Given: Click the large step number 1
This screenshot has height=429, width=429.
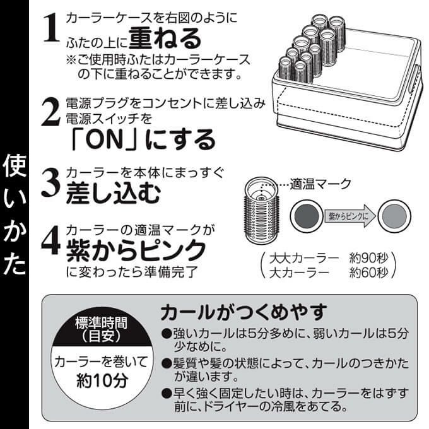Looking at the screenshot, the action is [x=52, y=28].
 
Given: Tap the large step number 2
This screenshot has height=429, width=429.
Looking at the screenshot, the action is [x=51, y=112].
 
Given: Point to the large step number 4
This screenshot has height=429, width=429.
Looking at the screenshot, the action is [x=51, y=240].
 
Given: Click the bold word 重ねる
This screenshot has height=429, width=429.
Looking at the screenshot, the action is [x=165, y=38].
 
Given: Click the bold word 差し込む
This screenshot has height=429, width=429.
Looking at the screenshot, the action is [x=113, y=193].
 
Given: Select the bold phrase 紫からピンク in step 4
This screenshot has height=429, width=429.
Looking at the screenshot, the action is [x=136, y=250].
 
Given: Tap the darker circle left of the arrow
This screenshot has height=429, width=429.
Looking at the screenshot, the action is [x=307, y=216].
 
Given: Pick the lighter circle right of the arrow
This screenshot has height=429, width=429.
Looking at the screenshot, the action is [x=394, y=216].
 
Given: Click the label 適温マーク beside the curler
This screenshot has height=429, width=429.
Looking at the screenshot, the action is [x=320, y=184].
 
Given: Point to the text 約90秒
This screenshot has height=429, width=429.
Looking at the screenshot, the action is [x=368, y=258].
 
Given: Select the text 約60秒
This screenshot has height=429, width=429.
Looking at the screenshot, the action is [x=368, y=273].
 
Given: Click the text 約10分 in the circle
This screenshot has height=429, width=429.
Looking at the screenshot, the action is [x=102, y=380].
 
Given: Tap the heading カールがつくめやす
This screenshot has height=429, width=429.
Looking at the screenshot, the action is [x=244, y=312].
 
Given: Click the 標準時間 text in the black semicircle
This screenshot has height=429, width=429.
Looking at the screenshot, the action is [x=101, y=323].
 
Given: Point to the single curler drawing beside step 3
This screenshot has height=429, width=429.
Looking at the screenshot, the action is [x=261, y=211].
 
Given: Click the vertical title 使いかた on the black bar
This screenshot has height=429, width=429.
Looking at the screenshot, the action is [x=15, y=214].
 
